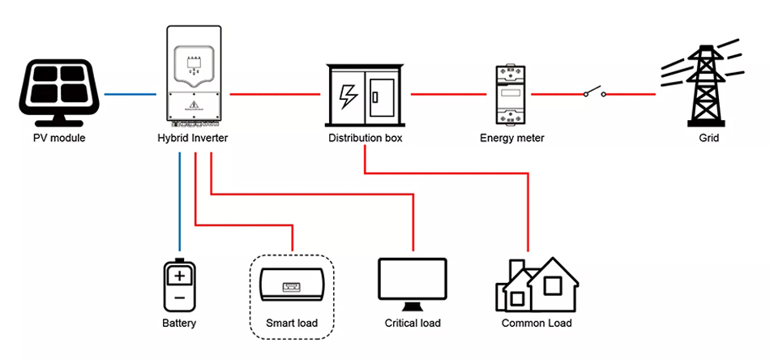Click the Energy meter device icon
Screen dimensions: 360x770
(x=512, y=95)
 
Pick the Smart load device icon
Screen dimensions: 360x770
(x=292, y=288)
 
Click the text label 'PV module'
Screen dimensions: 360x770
(x=59, y=139)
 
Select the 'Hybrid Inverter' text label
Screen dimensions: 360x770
(x=193, y=139)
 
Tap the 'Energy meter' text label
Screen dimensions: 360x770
(x=512, y=139)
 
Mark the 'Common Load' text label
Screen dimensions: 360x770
(x=537, y=324)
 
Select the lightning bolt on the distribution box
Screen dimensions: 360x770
(x=347, y=96)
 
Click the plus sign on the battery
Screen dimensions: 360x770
(x=179, y=276)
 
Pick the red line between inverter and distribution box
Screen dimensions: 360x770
(x=276, y=95)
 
